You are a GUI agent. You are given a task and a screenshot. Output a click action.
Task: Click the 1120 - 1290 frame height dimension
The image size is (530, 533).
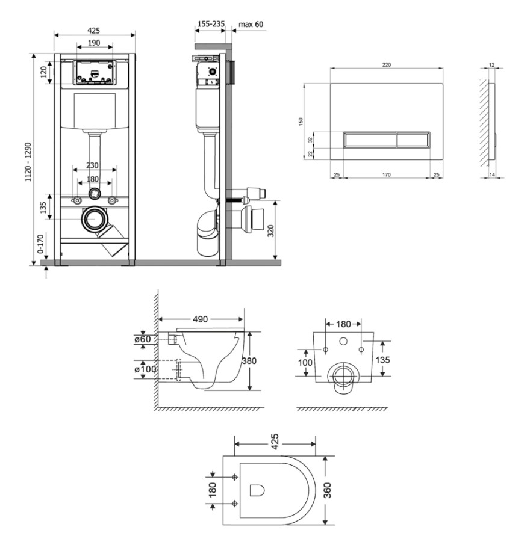point(28,162)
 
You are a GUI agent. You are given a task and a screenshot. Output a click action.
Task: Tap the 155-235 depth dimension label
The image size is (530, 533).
point(211,24)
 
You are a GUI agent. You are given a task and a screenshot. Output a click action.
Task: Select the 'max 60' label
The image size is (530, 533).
point(251,24)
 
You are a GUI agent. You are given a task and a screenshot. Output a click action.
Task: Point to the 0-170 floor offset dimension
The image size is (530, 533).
point(40,244)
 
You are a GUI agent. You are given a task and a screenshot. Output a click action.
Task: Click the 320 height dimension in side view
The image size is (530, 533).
point(270,231)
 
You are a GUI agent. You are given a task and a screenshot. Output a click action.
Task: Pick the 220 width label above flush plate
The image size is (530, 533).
point(386,64)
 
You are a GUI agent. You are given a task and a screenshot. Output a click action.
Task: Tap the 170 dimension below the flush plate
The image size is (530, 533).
point(386,174)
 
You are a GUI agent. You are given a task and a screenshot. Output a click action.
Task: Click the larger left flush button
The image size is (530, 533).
point(370,140)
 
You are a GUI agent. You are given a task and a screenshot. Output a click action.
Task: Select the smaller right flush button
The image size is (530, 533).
point(413,140)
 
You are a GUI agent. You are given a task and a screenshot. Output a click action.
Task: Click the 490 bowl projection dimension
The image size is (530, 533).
point(200,319)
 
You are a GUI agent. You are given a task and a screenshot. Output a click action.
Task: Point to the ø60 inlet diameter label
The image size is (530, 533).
point(142,339)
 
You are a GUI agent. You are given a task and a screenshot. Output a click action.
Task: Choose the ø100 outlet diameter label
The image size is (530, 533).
point(145,369)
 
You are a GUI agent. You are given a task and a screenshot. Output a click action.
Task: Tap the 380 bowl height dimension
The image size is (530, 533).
point(249,361)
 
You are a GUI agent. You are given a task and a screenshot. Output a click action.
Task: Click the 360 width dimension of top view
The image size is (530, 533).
point(327,490)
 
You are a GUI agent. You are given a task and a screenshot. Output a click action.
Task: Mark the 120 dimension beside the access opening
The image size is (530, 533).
point(44,72)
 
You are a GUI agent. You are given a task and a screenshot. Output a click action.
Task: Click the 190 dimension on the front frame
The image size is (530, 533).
point(94,43)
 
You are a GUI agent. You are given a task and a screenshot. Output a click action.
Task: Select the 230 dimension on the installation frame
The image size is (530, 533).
point(92,165)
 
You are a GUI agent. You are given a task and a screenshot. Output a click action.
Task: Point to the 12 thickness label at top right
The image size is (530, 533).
point(491,64)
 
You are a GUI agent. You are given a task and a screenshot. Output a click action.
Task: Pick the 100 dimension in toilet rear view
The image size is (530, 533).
point(305,363)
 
